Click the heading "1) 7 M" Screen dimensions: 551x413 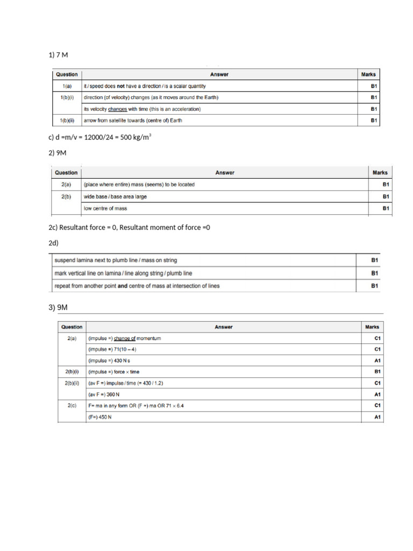click(58, 55)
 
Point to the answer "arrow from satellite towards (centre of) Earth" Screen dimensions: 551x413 click(133, 121)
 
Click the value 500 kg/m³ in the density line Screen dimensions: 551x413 click(134, 138)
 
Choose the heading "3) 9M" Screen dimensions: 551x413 click(58, 307)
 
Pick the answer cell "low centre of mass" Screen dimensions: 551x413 click(105, 208)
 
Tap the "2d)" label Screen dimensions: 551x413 click(53, 243)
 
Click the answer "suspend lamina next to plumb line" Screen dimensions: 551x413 click(115, 260)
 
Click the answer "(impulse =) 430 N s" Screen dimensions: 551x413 click(109, 361)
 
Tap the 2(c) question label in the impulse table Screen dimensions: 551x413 click(72, 405)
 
